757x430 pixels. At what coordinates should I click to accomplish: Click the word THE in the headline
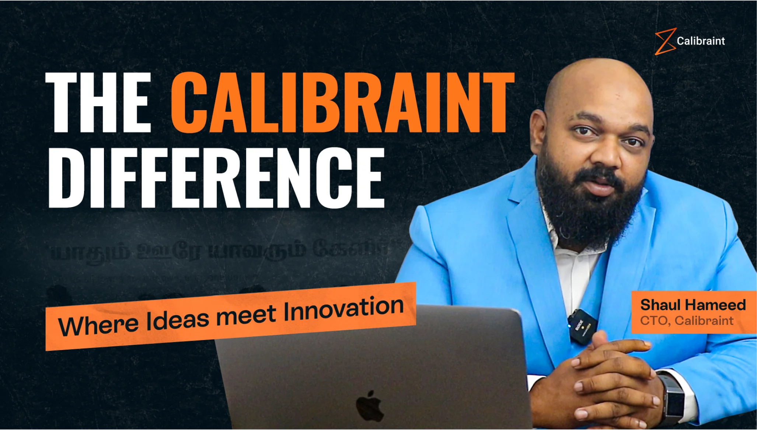[98, 102]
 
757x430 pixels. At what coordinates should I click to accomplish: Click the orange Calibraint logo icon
[665, 41]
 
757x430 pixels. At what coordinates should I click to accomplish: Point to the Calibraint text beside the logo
[701, 41]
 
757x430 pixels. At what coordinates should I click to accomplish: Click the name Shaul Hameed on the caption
[693, 305]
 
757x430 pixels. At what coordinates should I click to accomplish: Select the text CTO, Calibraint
[687, 321]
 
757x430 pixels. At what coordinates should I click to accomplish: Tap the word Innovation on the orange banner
[343, 310]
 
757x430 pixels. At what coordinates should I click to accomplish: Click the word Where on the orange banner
[98, 325]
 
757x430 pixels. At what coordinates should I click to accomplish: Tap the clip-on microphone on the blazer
[581, 326]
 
